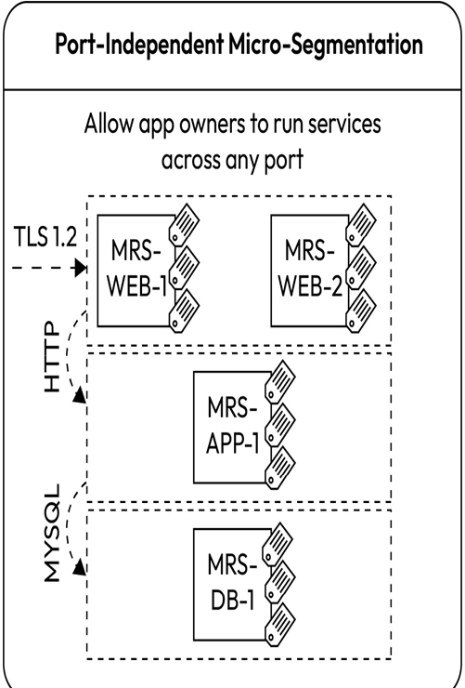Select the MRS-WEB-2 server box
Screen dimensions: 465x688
coord(310,271)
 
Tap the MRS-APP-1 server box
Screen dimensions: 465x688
coord(232,428)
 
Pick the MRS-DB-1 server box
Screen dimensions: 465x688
coord(232,584)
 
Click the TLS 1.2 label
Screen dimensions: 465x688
coord(45,236)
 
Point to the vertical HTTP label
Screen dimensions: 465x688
coord(52,357)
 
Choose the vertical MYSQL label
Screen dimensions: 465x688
coord(52,533)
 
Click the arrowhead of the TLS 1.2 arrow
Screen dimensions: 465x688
coord(81,268)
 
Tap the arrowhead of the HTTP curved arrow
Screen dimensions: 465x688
coord(79,394)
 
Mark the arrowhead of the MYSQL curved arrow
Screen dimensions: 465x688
coord(79,567)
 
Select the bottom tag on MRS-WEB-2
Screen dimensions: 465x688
coord(360,311)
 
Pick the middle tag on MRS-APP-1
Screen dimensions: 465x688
coord(280,424)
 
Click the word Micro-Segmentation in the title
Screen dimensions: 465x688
coord(324,45)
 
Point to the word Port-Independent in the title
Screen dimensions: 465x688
coord(139,45)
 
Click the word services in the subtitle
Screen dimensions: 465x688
coord(344,124)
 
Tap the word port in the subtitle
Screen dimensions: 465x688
coord(283,161)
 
